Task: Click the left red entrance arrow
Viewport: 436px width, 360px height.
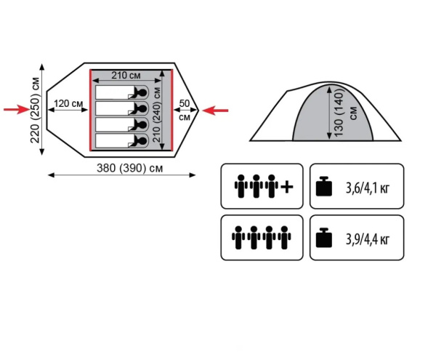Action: point(16,110)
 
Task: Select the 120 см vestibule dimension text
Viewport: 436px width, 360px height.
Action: point(68,103)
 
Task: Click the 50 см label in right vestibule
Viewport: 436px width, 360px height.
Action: point(185,110)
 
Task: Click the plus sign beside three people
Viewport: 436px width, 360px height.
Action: point(287,187)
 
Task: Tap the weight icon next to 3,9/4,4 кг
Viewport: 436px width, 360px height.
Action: point(325,237)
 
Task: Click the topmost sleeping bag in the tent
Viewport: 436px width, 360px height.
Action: point(120,92)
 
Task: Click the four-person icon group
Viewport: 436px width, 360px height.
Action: point(262,237)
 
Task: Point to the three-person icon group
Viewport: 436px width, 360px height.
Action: point(256,186)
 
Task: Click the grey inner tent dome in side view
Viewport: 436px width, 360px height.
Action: point(312,116)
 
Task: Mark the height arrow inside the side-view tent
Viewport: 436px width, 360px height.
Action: point(329,112)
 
